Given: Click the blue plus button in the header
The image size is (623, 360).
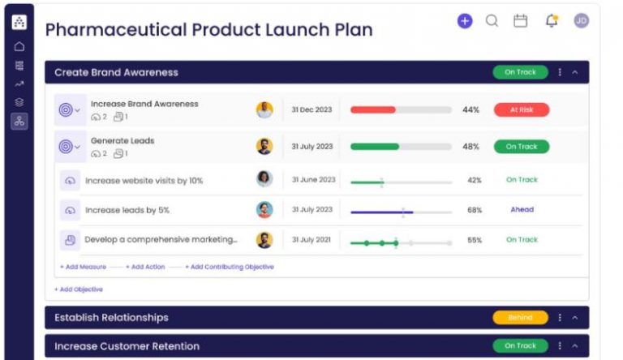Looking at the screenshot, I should tap(464, 21).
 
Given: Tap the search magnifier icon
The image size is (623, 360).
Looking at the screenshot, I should tap(492, 21).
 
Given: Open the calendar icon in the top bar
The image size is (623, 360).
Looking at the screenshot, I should tap(521, 21).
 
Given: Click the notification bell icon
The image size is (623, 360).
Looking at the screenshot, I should tap(552, 21).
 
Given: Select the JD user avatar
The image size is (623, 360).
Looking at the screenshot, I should tap(581, 21).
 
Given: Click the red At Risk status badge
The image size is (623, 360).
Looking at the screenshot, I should tap(521, 109).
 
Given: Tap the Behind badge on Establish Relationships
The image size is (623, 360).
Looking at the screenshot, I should tap(520, 317).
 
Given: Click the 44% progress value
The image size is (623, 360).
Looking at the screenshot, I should tap(470, 109).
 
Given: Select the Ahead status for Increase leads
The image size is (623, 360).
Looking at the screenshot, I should tap(522, 209).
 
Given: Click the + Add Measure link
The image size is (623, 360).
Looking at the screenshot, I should tap(83, 267).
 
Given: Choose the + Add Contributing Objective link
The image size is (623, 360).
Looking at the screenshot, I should tap(230, 267).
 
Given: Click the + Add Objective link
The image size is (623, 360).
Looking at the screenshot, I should tap(79, 289).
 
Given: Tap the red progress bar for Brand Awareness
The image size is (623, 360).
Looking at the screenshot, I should tap(373, 109).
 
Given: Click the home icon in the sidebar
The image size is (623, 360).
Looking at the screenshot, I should tap(19, 46).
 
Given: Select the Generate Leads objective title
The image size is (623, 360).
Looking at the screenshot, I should tap(122, 140).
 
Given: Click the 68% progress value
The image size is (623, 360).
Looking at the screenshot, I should tap(475, 210).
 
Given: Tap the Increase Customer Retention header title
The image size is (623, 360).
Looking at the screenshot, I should tap(127, 346).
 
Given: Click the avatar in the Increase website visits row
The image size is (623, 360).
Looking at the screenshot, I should tap(264, 179).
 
